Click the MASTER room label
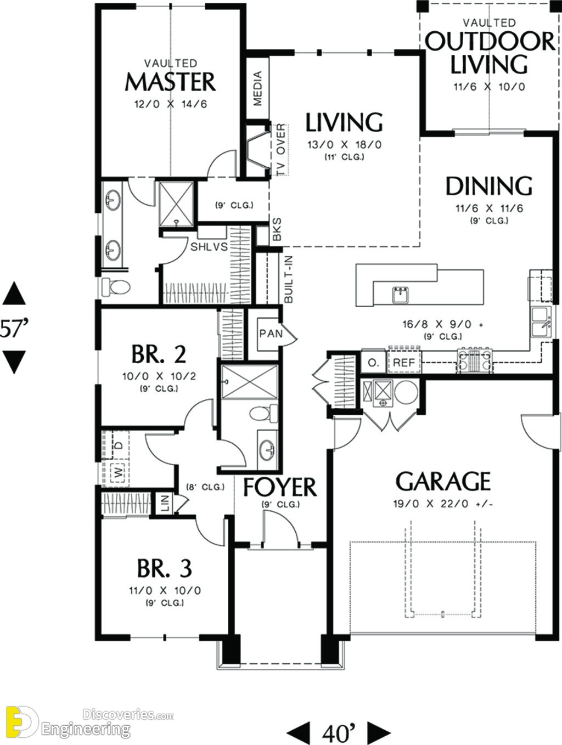click(171, 82)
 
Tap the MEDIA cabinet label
click(258, 88)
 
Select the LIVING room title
click(344, 122)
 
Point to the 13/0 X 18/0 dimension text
click(344, 145)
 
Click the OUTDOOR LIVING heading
click(490, 53)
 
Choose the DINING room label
click(489, 186)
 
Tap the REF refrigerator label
click(404, 363)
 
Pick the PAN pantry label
click(271, 334)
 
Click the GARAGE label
click(443, 481)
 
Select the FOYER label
click(280, 487)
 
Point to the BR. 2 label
click(159, 354)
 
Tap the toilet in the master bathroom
click(116, 287)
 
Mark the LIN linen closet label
click(165, 504)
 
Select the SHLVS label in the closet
click(209, 247)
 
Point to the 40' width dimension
click(339, 723)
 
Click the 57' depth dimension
click(13, 328)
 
